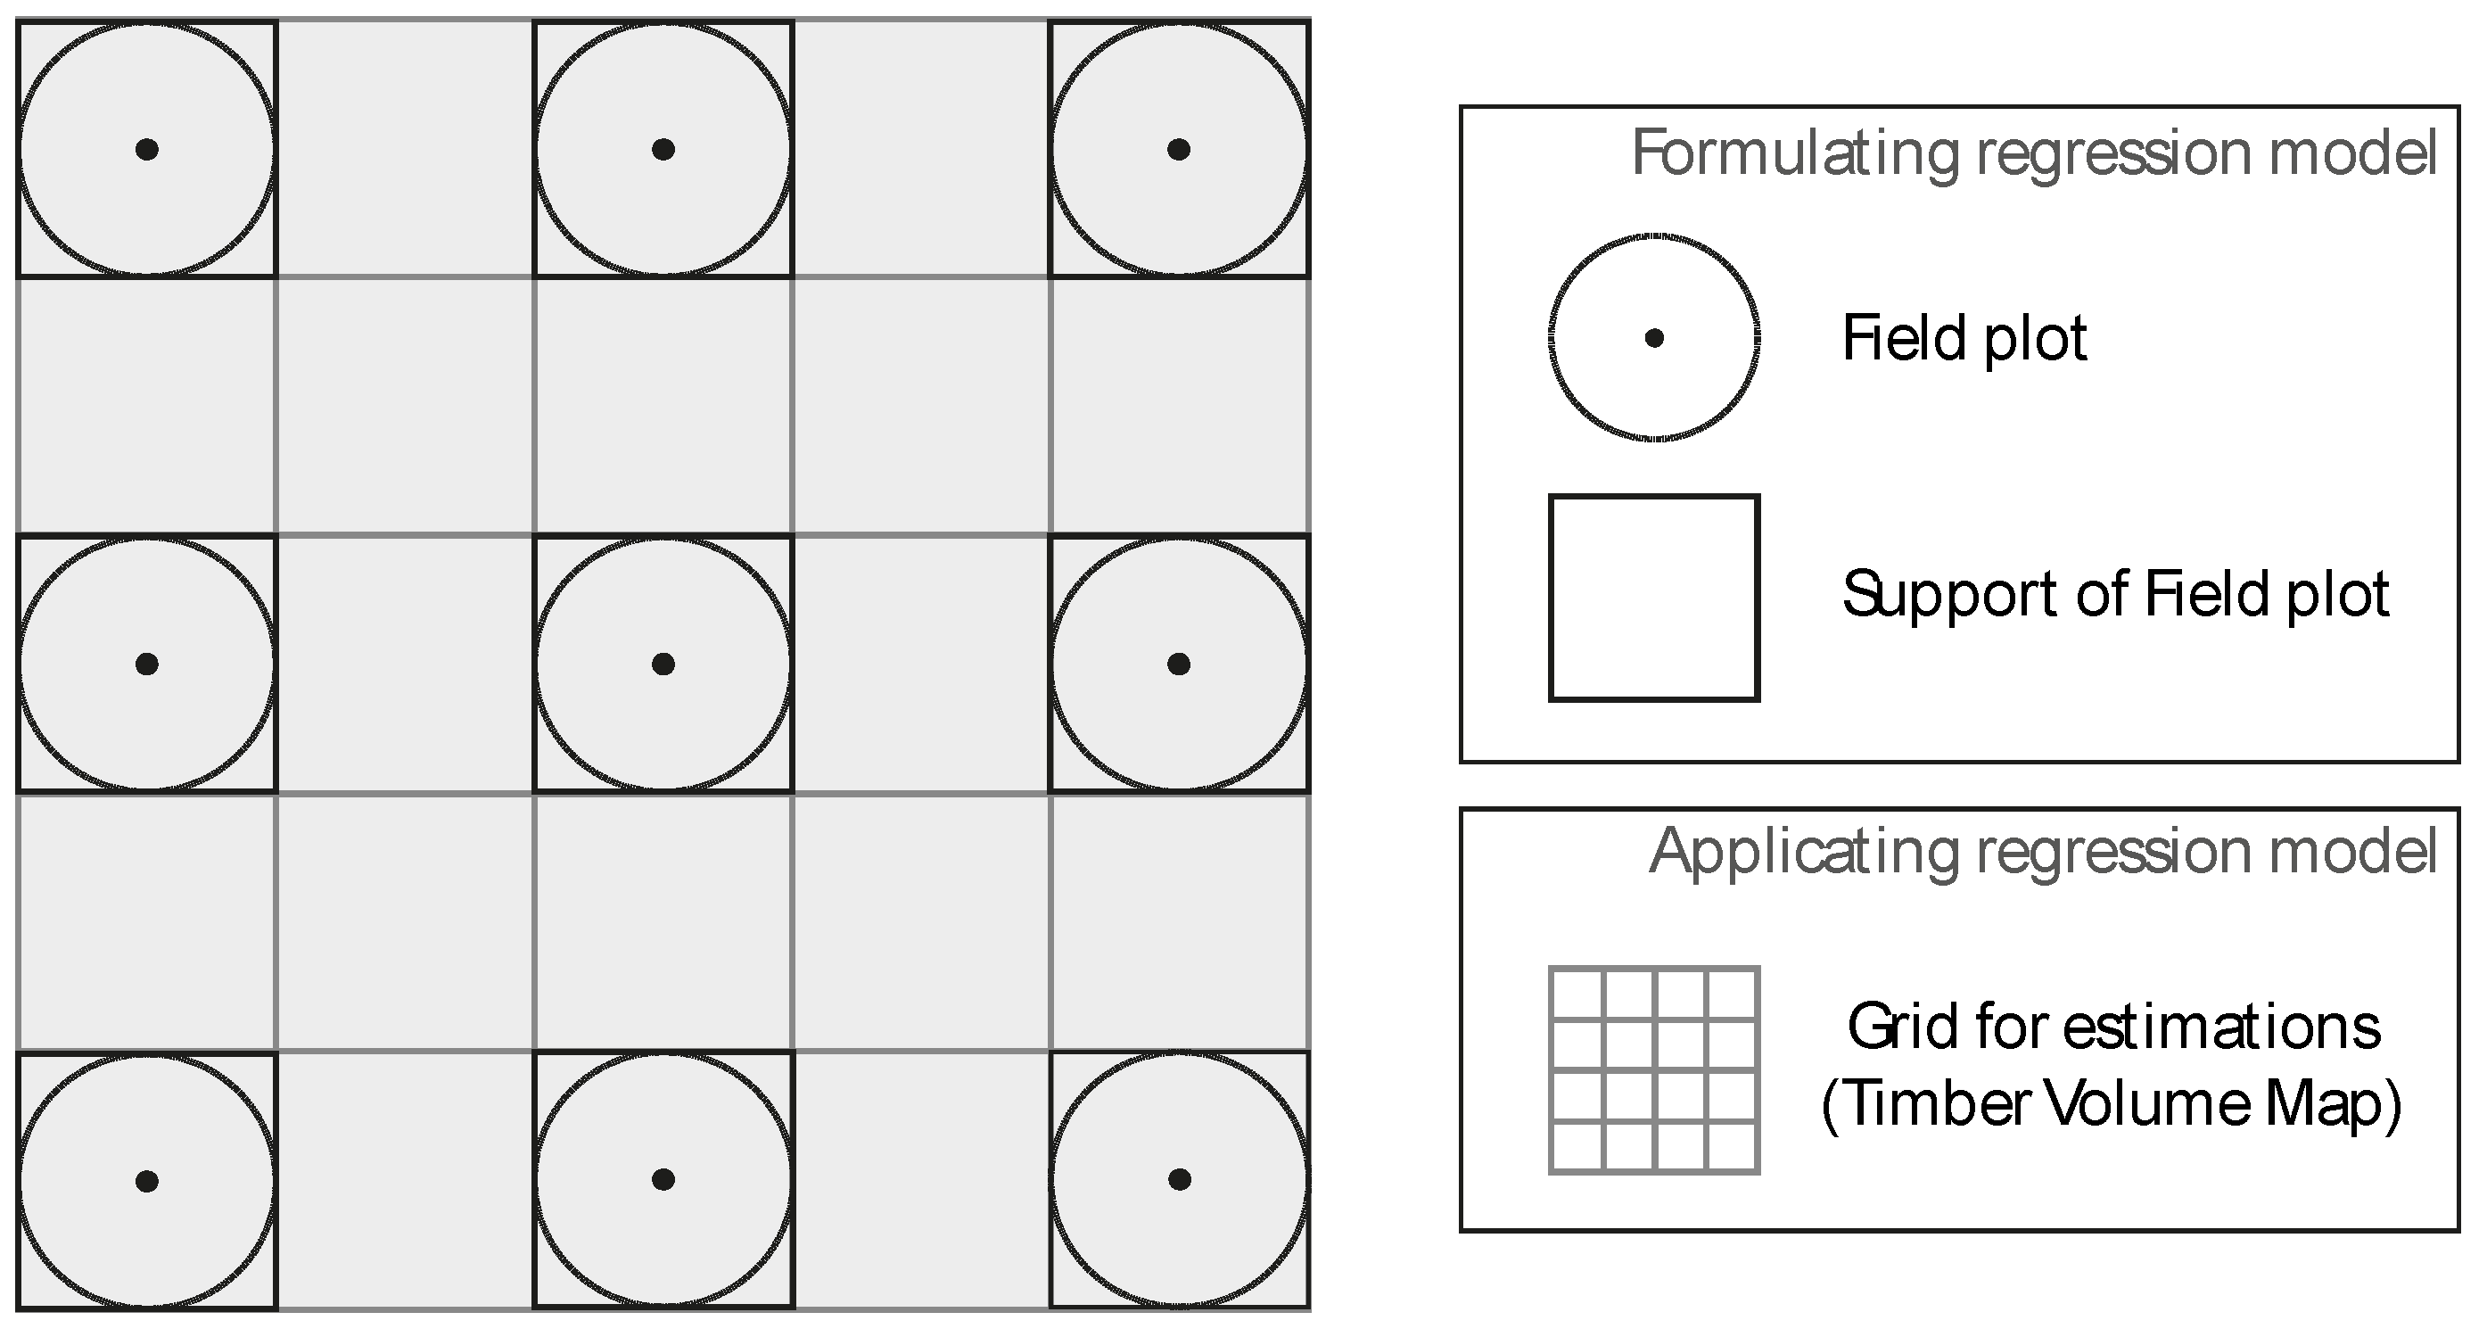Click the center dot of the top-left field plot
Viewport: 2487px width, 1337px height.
[x=147, y=150]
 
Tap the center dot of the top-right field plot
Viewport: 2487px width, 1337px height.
[x=1179, y=150]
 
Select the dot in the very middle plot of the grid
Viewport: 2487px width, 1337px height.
[x=663, y=664]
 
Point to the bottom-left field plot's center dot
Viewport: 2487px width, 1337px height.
[x=147, y=1181]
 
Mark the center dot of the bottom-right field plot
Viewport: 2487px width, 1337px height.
[x=1179, y=1180]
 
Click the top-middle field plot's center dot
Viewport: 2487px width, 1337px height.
[x=663, y=150]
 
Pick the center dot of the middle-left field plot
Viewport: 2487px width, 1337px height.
[x=147, y=664]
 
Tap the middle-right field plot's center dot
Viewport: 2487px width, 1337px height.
[x=1179, y=664]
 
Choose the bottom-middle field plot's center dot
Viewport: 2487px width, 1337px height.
[x=663, y=1180]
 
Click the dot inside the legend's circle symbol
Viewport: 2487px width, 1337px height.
[x=1654, y=338]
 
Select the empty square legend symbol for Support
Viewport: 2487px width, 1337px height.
[x=1654, y=598]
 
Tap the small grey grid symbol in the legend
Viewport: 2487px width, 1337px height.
[x=1654, y=1069]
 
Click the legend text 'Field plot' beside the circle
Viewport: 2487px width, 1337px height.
[x=1964, y=339]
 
